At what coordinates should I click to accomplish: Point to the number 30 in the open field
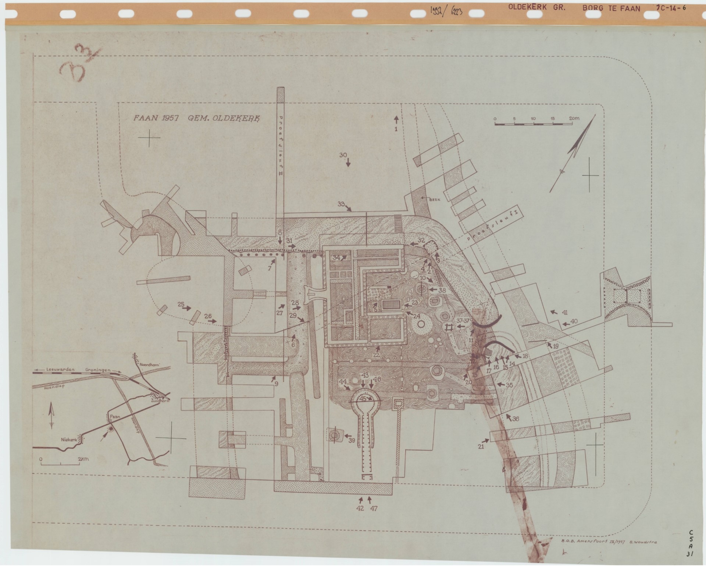point(343,155)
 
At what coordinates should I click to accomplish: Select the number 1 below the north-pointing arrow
point(396,129)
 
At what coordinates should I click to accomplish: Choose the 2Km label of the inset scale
point(83,459)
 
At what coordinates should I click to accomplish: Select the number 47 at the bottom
point(374,508)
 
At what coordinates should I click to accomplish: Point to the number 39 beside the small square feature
point(352,441)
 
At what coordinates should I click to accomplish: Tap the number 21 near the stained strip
point(481,447)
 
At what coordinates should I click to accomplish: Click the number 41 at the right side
point(565,313)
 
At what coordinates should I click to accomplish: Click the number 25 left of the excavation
point(181,304)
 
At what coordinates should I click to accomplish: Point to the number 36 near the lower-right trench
point(515,419)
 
